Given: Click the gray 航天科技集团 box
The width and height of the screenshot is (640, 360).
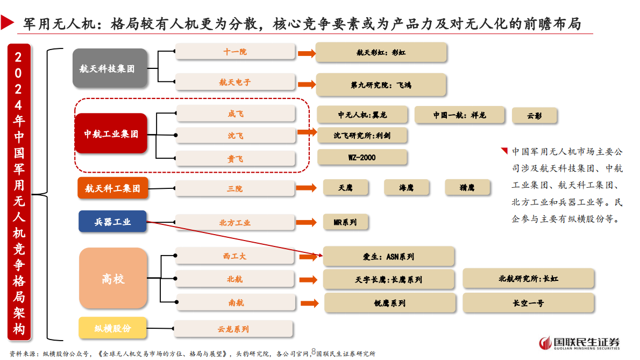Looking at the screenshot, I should [x=110, y=68].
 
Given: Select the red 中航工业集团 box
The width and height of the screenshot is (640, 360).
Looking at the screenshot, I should [x=111, y=133].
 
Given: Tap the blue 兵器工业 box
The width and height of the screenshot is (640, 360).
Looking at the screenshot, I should [x=112, y=221].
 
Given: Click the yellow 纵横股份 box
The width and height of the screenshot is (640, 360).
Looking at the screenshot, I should [x=112, y=328].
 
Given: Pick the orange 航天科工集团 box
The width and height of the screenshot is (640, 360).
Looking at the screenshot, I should [x=112, y=188].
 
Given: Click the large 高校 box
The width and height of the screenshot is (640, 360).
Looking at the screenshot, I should [x=113, y=278].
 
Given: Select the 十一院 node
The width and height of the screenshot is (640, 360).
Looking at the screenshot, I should [x=235, y=52].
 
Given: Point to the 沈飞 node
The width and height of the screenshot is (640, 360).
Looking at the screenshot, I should [x=235, y=136].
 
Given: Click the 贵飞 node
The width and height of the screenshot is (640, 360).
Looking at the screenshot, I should [x=235, y=158].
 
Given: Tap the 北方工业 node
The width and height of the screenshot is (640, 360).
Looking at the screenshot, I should [x=235, y=222].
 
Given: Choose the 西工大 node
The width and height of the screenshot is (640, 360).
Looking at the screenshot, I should [x=235, y=256].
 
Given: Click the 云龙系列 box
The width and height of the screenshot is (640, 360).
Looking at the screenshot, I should [x=233, y=329].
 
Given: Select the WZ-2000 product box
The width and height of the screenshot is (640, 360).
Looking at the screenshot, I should [x=361, y=158].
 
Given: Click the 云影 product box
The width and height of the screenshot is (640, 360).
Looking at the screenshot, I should [x=534, y=116].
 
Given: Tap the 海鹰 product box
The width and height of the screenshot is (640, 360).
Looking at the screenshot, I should [x=406, y=187].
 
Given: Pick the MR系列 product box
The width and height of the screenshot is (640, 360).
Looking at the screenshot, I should [x=345, y=222].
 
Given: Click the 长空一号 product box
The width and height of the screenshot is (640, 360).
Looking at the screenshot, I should [x=528, y=303].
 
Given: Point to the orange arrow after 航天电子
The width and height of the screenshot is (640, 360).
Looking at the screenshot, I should [x=306, y=84].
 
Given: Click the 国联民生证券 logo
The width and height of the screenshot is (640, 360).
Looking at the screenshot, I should [x=580, y=343].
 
